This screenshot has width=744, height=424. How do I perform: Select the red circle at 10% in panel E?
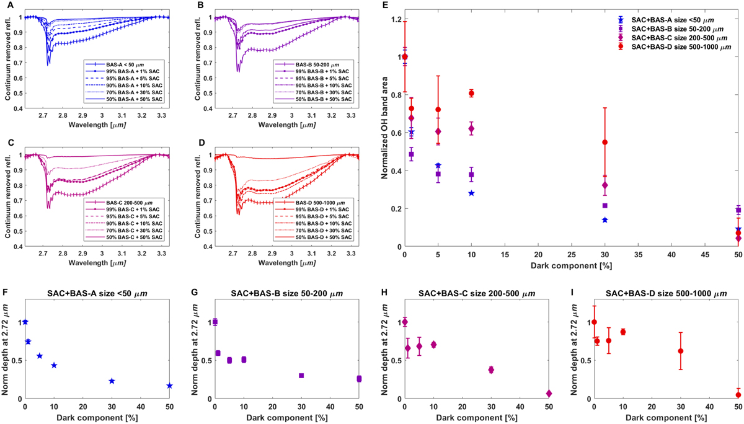tap(471, 94)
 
